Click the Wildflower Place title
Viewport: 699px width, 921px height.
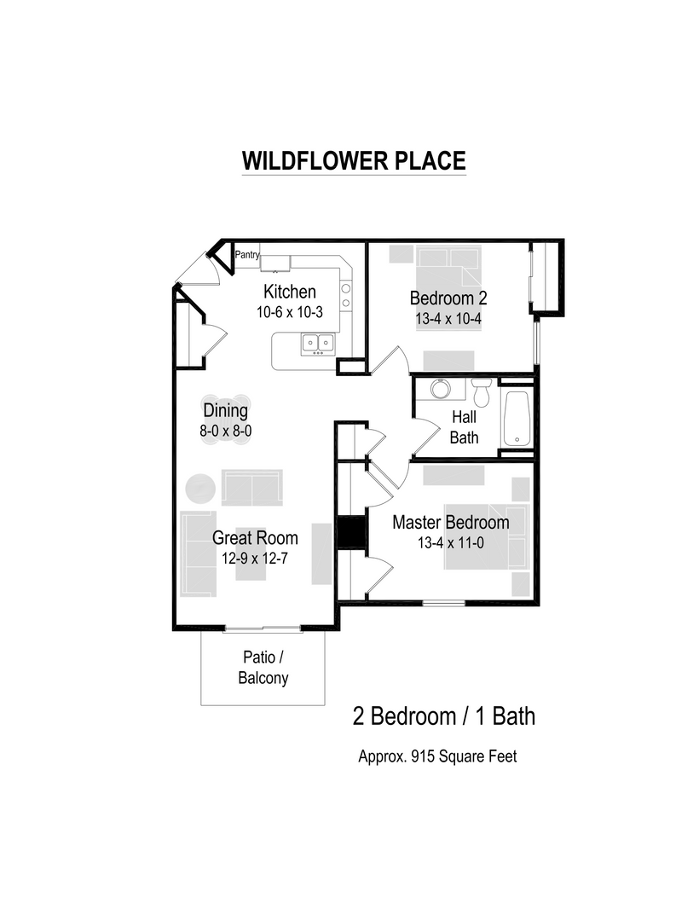(x=354, y=161)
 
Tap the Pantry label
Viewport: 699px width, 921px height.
(x=247, y=254)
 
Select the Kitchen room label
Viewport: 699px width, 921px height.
(x=289, y=292)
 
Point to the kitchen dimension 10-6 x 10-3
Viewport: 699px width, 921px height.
(x=289, y=312)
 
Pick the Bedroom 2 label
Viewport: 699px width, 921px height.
(x=448, y=298)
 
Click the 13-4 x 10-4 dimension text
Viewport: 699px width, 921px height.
(x=448, y=318)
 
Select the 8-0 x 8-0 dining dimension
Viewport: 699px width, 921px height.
(x=225, y=432)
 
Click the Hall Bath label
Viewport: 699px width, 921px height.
(x=464, y=427)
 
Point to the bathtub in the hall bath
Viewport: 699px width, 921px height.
(x=517, y=418)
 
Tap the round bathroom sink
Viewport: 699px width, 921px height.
(x=440, y=389)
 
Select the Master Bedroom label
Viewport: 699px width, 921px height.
(x=450, y=522)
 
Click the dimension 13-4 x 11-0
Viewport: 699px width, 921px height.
(x=450, y=542)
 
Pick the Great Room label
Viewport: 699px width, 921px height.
(x=255, y=538)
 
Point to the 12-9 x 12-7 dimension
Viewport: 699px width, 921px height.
(x=255, y=559)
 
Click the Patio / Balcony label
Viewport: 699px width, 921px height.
(x=263, y=669)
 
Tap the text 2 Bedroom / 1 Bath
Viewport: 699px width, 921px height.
(x=444, y=716)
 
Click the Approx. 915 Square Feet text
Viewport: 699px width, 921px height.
(x=437, y=756)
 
